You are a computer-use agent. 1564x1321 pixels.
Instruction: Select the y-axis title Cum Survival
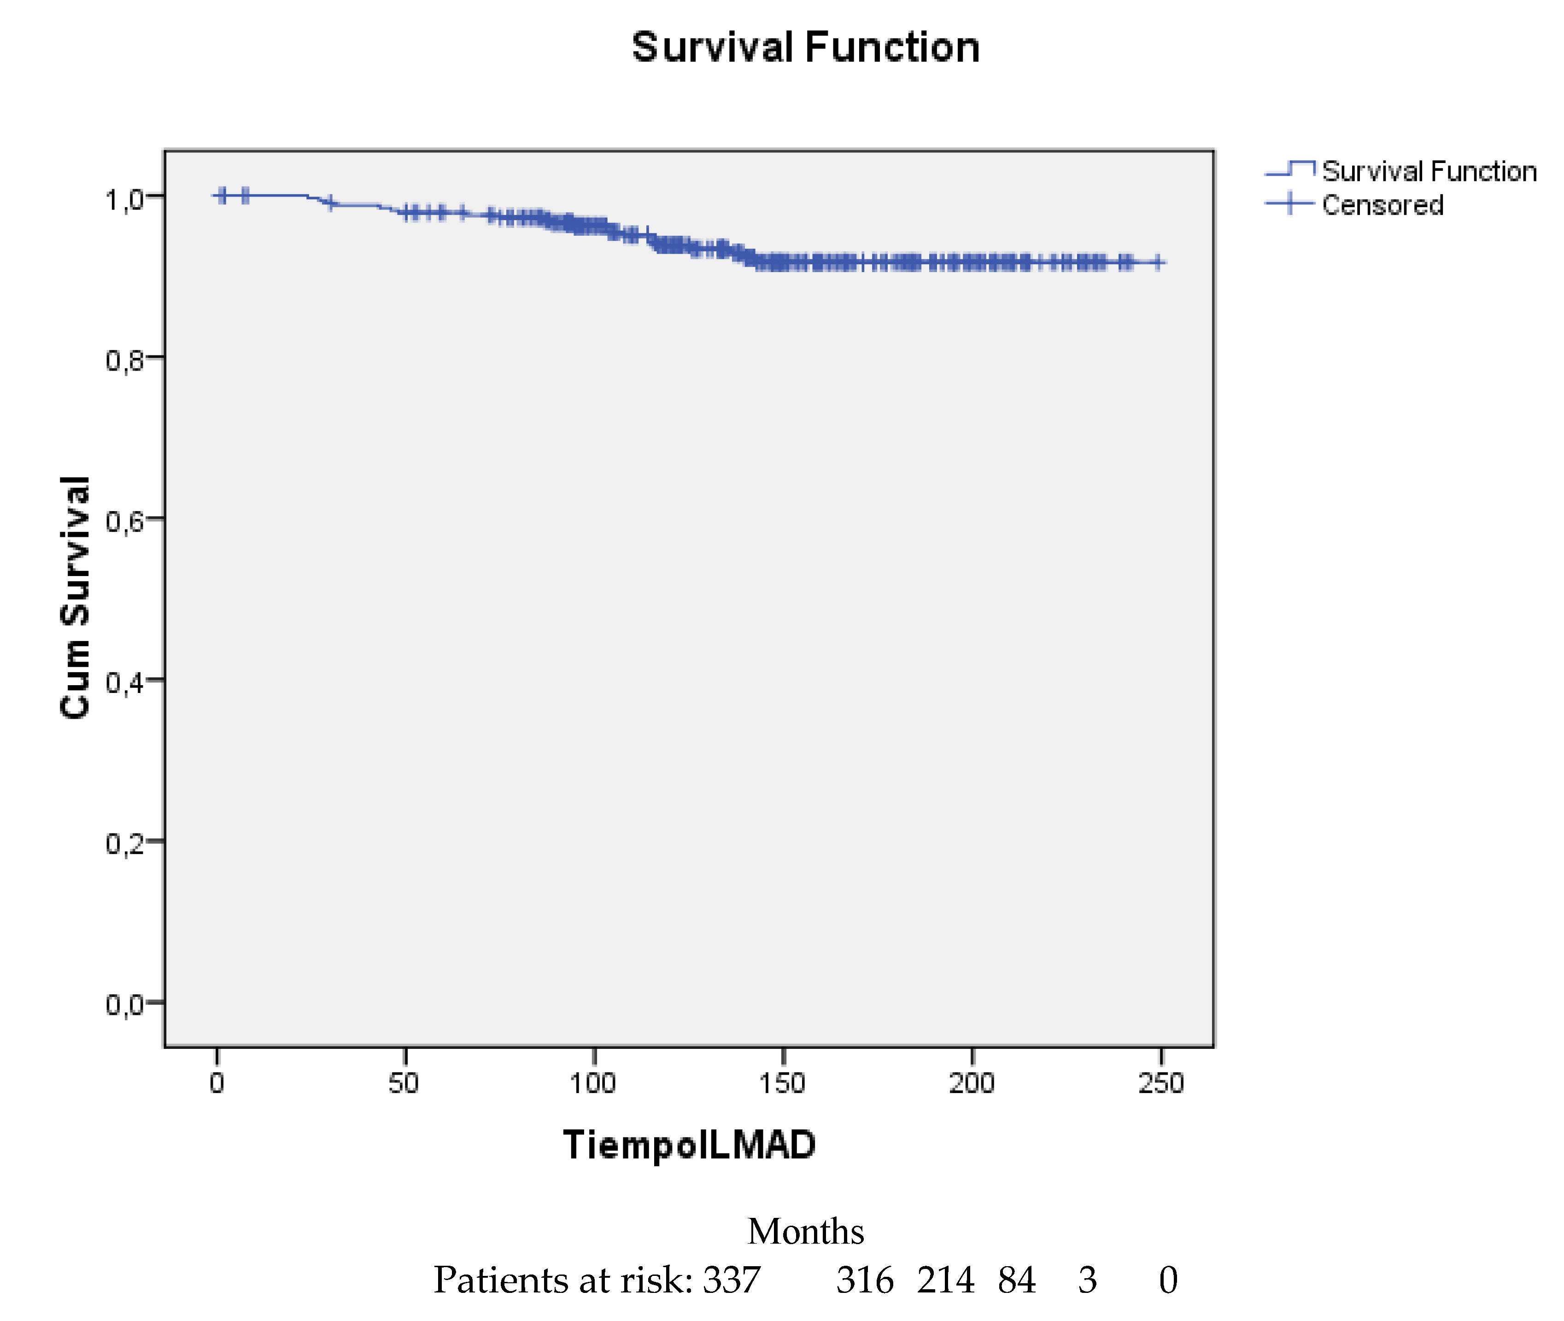pyautogui.click(x=75, y=597)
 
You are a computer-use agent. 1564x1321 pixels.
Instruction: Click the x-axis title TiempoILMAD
pyautogui.click(x=689, y=1144)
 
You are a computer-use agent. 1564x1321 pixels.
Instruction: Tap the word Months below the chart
pyautogui.click(x=805, y=1232)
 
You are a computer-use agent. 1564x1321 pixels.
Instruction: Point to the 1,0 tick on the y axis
pyautogui.click(x=123, y=200)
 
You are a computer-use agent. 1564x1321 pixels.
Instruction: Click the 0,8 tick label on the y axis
pyautogui.click(x=123, y=360)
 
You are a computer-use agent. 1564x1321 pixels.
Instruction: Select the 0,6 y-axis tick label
pyautogui.click(x=123, y=521)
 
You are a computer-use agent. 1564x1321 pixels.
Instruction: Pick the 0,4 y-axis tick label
pyautogui.click(x=123, y=682)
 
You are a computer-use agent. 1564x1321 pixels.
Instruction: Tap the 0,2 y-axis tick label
pyautogui.click(x=123, y=843)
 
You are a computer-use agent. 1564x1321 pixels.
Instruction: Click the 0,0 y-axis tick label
pyautogui.click(x=123, y=1004)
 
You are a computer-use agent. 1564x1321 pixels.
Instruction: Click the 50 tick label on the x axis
pyautogui.click(x=404, y=1083)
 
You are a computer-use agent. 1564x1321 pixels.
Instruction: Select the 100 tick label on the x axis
pyautogui.click(x=592, y=1083)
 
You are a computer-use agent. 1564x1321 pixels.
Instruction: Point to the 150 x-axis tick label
pyautogui.click(x=782, y=1083)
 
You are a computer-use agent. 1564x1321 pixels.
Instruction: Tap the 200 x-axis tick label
pyautogui.click(x=972, y=1083)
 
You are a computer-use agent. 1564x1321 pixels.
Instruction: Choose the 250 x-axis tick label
pyautogui.click(x=1161, y=1083)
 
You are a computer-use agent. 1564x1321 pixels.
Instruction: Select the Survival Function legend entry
pyautogui.click(x=1429, y=171)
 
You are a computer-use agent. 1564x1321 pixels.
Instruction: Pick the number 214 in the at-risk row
pyautogui.click(x=945, y=1280)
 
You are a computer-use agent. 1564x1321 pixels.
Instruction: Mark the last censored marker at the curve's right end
pyautogui.click(x=1158, y=262)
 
